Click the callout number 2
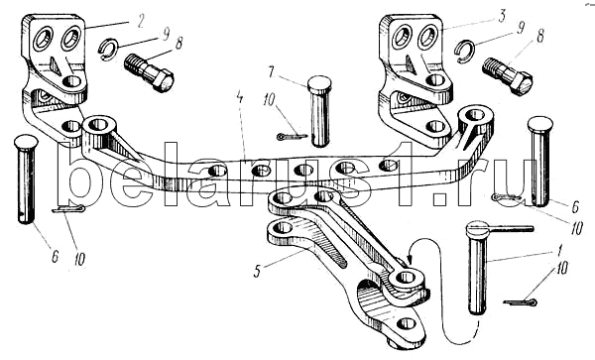(x=141, y=21)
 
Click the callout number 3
(x=502, y=16)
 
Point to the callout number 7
(x=270, y=72)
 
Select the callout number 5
(x=258, y=271)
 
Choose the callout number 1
(x=561, y=251)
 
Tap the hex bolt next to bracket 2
(x=149, y=72)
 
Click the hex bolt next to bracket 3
(x=507, y=76)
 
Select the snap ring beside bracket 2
(x=108, y=50)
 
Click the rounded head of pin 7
(x=319, y=81)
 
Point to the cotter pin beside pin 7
(x=292, y=136)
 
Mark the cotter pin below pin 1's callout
(x=520, y=302)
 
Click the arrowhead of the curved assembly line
(x=410, y=260)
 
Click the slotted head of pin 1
(x=478, y=228)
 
